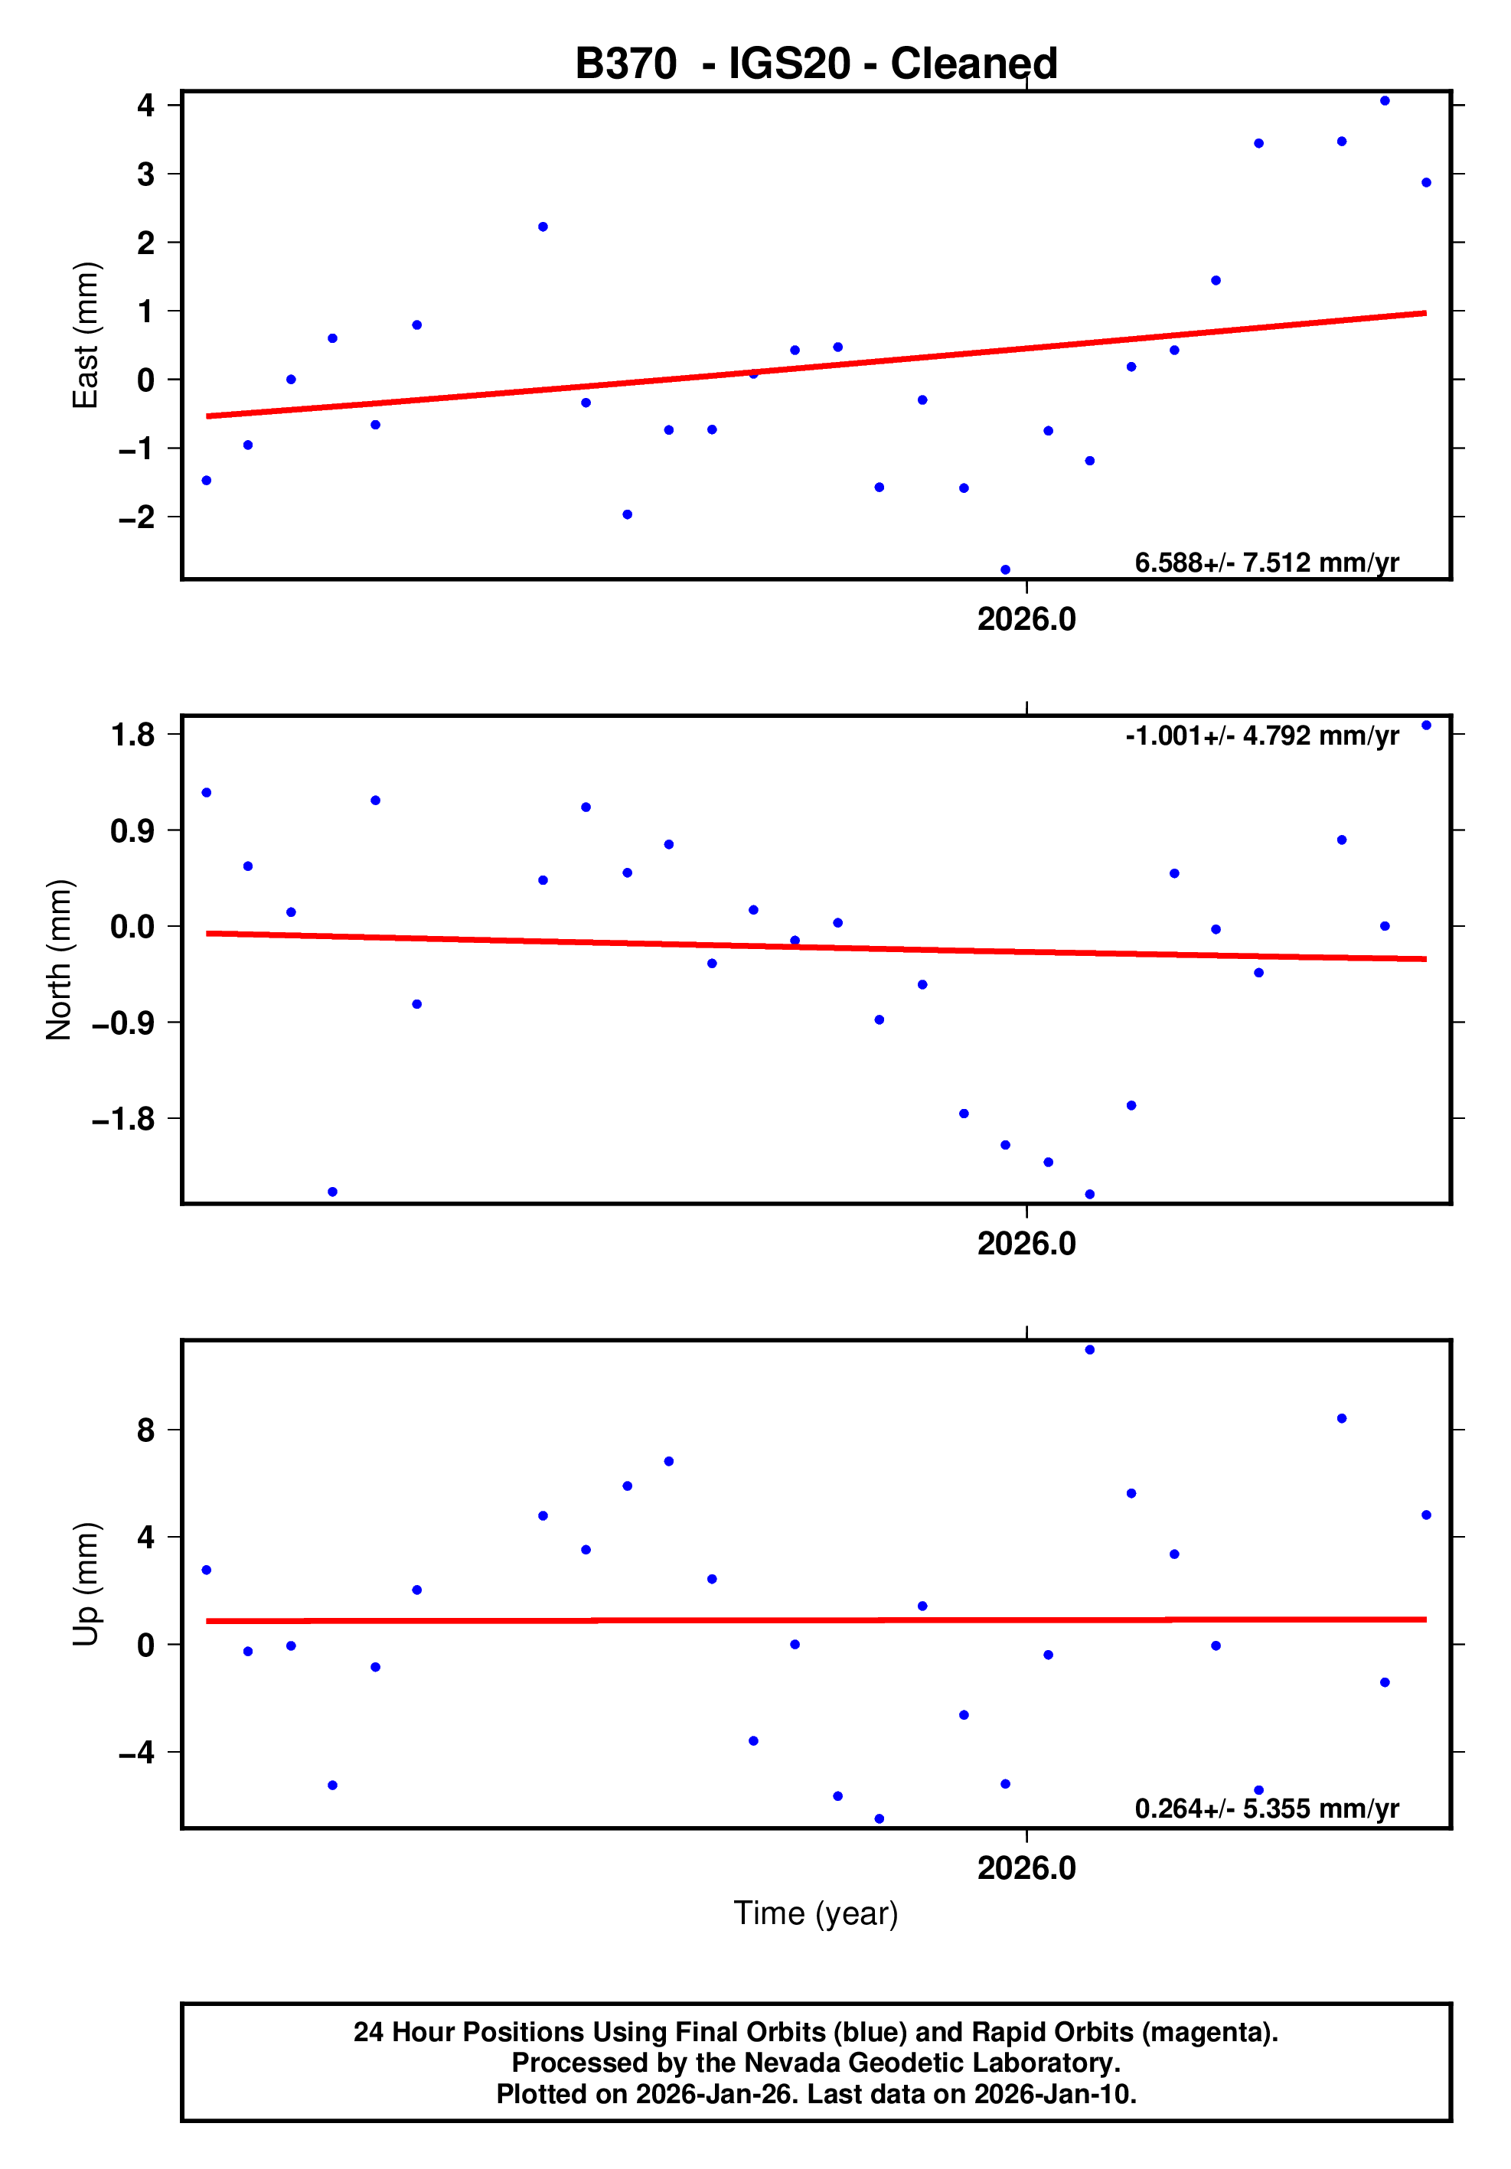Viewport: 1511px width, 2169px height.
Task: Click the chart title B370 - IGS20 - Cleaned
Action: pyautogui.click(x=815, y=64)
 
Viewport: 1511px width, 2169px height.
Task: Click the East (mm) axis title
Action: pyautogui.click(x=85, y=335)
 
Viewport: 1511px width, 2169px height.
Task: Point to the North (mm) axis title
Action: pyautogui.click(x=59, y=960)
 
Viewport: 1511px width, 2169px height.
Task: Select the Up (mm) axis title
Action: pyautogui.click(x=85, y=1584)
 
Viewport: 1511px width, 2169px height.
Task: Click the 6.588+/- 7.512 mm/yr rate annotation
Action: pyautogui.click(x=1266, y=563)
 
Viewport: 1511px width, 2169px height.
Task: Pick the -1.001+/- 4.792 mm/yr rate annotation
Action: pyautogui.click(x=1261, y=736)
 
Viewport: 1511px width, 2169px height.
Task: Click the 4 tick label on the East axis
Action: pyautogui.click(x=145, y=105)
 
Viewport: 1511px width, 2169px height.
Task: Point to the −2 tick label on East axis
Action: pyautogui.click(x=136, y=517)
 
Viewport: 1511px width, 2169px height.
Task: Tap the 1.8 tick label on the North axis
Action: pyautogui.click(x=132, y=734)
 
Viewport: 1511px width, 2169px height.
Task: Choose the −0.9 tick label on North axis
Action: pyautogui.click(x=122, y=1023)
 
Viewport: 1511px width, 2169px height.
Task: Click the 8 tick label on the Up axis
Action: pyautogui.click(x=145, y=1430)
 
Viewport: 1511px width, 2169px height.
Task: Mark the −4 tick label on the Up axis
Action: pyautogui.click(x=136, y=1753)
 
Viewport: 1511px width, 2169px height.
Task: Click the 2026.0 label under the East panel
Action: pyautogui.click(x=1026, y=620)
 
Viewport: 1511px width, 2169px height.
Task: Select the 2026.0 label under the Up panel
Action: pyautogui.click(x=1026, y=1868)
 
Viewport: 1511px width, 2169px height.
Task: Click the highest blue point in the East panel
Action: pyautogui.click(x=1385, y=101)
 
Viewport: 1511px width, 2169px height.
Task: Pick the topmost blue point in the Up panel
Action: pyautogui.click(x=1089, y=1350)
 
